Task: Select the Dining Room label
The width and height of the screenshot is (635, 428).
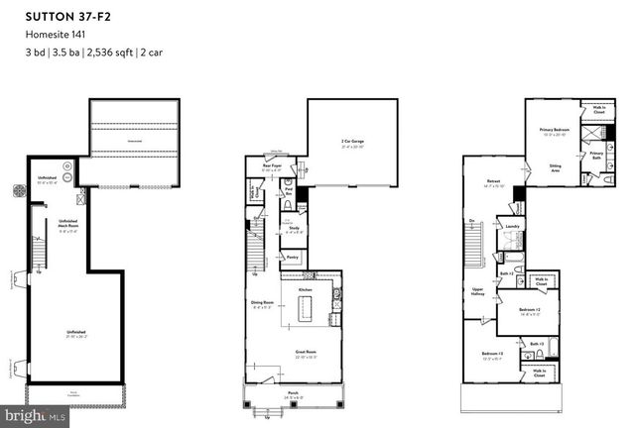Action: (x=264, y=304)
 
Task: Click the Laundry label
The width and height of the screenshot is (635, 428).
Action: (x=513, y=226)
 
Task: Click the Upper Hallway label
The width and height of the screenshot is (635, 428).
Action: (x=476, y=292)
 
